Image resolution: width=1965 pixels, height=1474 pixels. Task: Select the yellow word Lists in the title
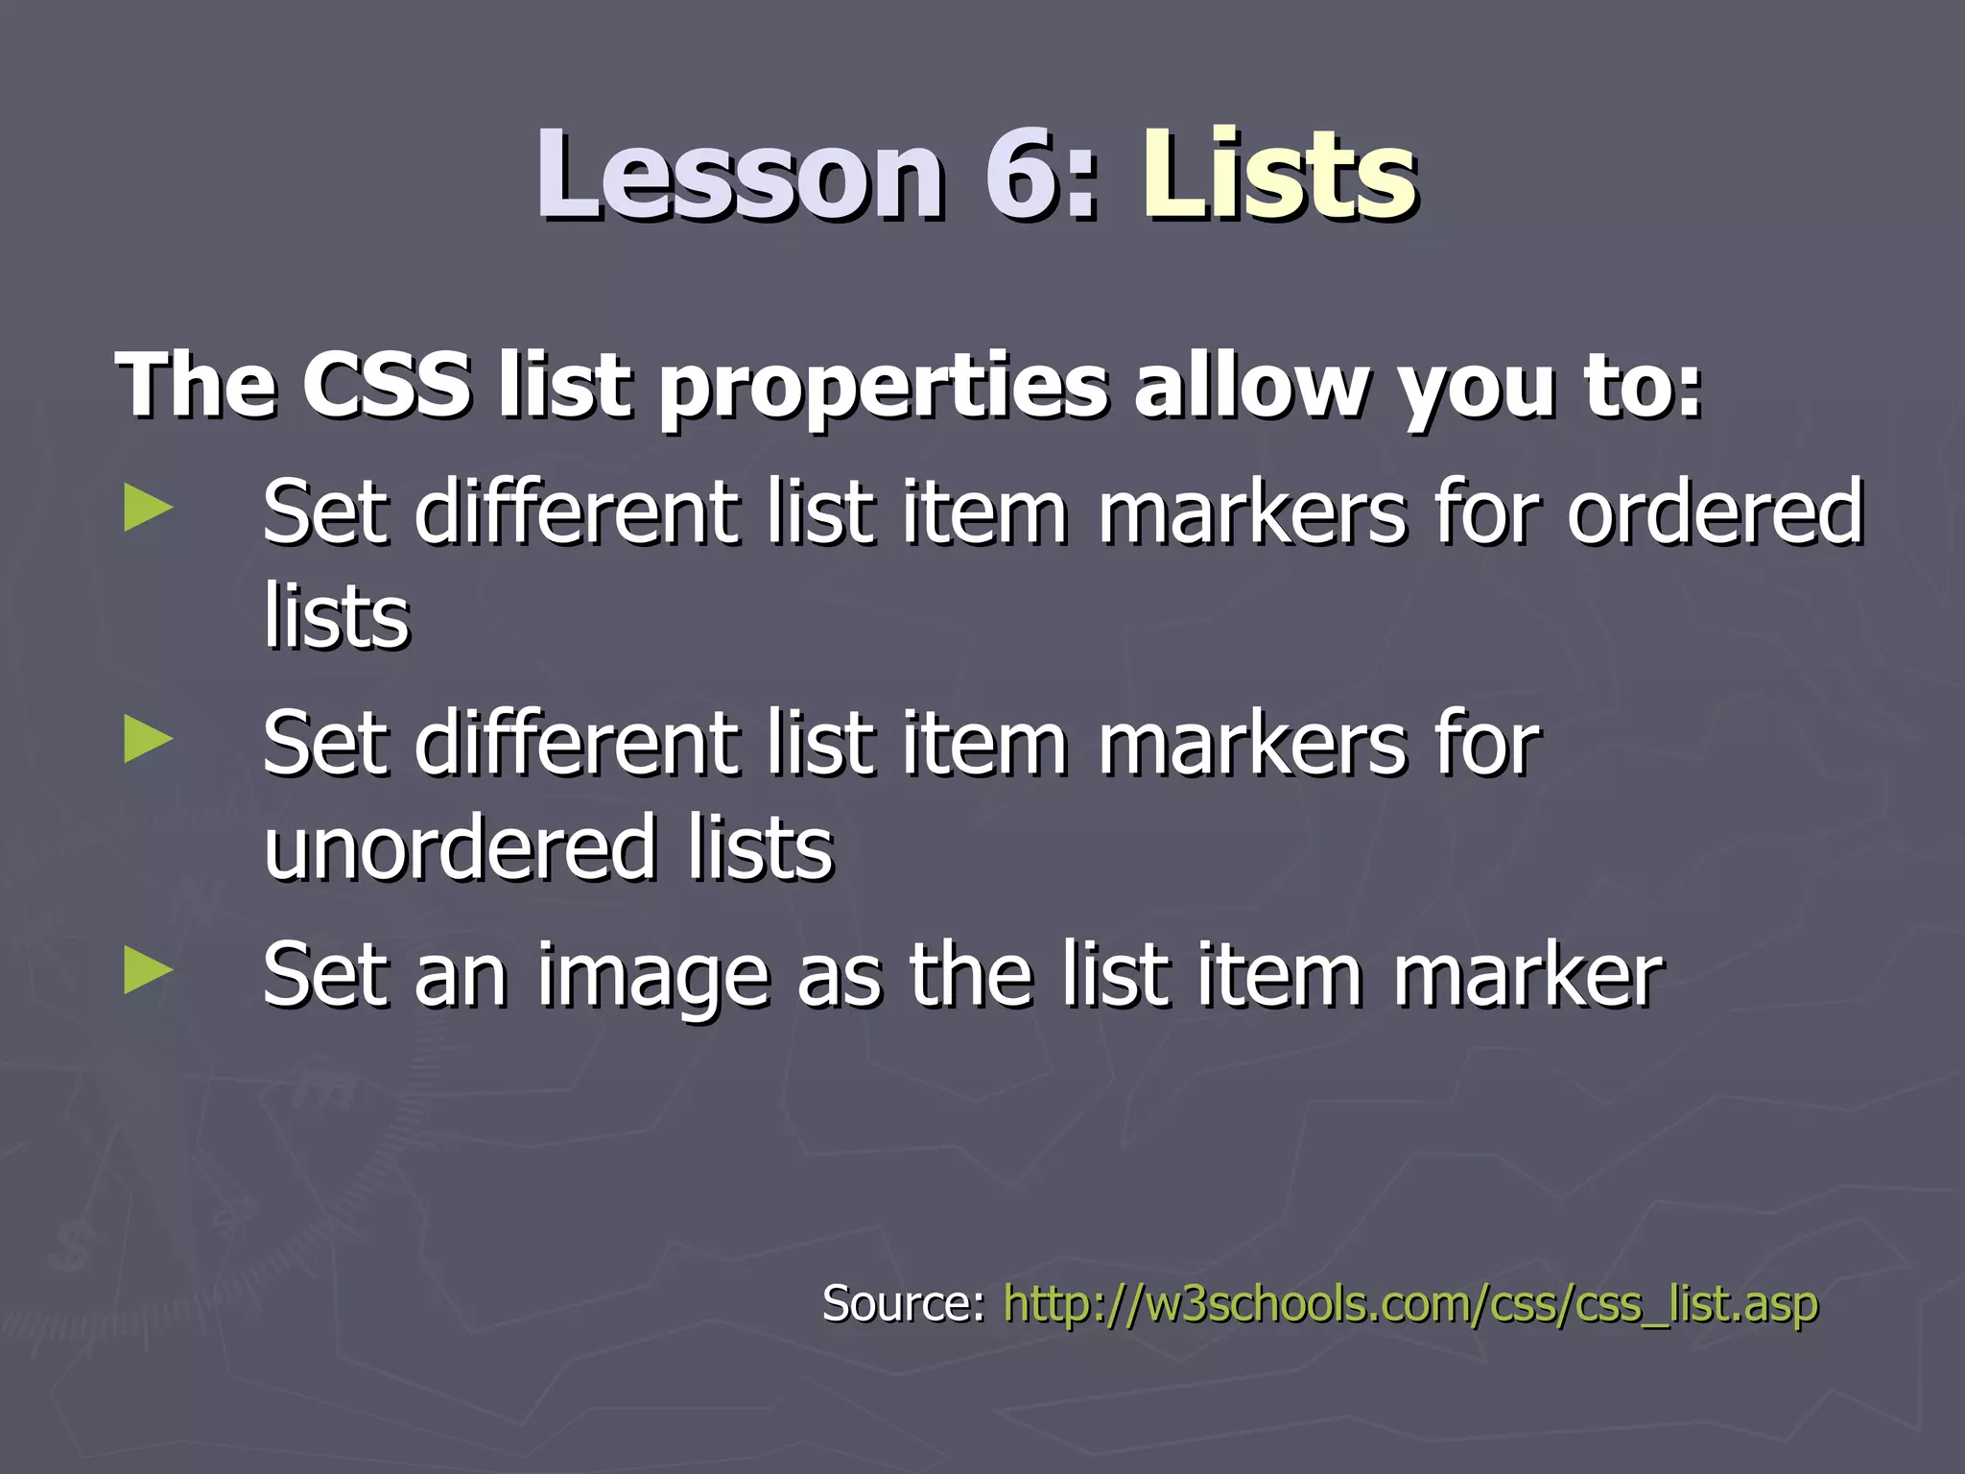coord(1280,175)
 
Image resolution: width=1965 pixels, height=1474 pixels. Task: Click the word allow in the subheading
coord(1249,386)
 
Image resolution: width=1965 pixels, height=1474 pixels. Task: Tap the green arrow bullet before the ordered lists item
coord(149,509)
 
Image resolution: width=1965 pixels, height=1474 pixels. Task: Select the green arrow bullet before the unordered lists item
coord(149,741)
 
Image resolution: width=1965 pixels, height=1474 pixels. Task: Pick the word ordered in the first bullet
coord(1716,512)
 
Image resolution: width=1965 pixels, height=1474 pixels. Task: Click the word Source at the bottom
coord(903,1303)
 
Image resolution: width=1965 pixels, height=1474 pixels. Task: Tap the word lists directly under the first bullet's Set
coord(336,616)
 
